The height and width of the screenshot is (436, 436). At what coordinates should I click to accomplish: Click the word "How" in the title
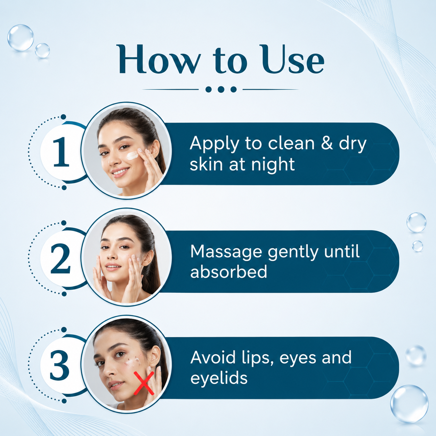tap(159, 59)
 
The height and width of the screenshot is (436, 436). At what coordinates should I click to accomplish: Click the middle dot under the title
tap(221, 89)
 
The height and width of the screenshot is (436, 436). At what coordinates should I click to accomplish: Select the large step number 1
tap(61, 152)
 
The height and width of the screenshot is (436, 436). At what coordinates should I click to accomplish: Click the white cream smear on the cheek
tap(132, 155)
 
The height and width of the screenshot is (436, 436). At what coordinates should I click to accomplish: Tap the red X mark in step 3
tap(144, 383)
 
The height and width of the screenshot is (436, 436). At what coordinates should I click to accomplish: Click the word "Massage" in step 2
tap(226, 252)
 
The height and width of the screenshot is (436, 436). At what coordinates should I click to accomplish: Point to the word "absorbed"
tap(229, 271)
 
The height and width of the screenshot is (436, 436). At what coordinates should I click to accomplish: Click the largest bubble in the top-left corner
tap(21, 38)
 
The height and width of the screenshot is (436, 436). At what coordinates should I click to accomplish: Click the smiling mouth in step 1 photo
tap(120, 172)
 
